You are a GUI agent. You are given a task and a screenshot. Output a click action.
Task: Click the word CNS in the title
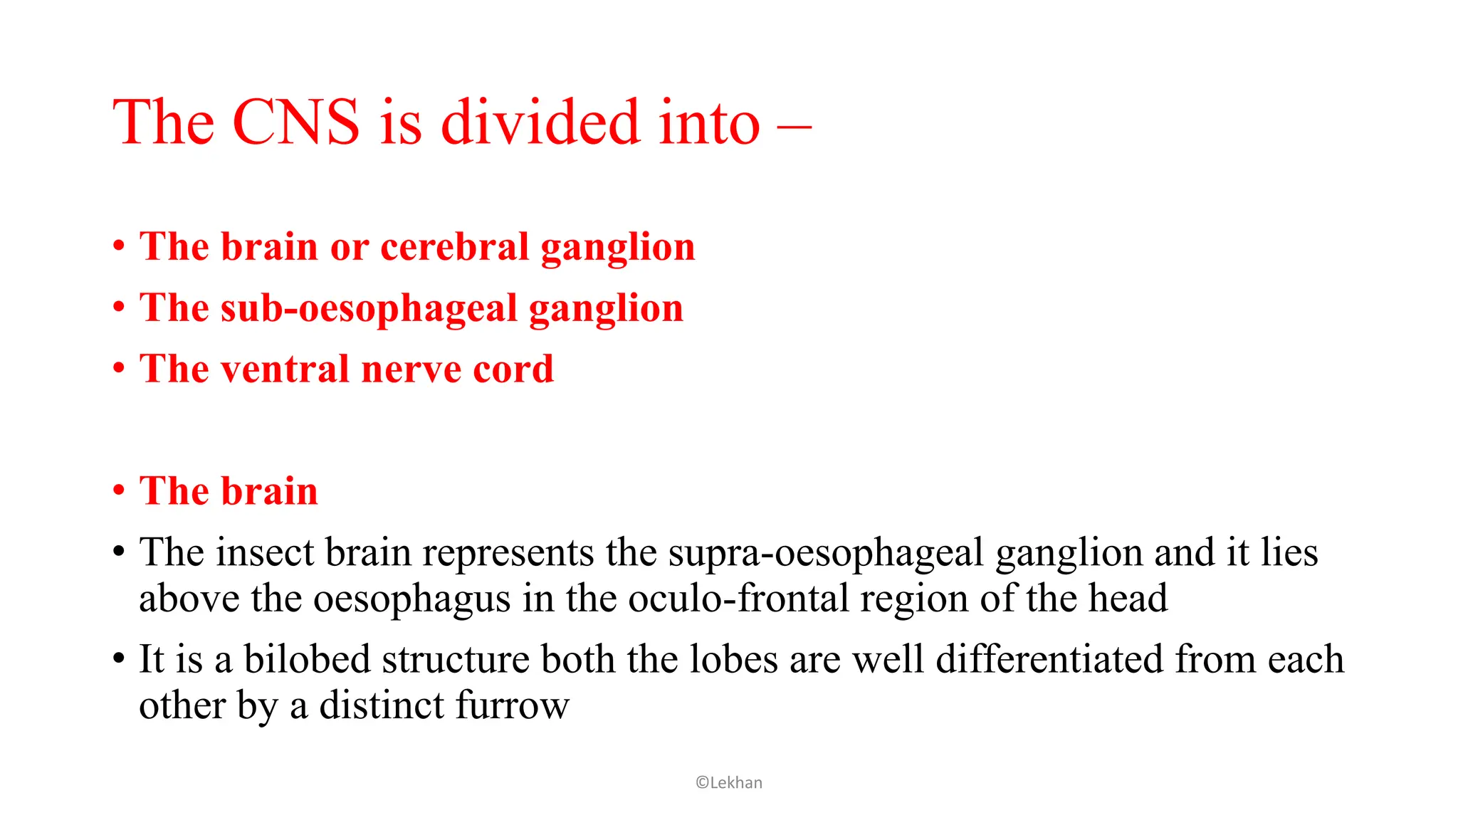click(295, 122)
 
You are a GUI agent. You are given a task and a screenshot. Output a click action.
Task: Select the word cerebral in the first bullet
click(455, 247)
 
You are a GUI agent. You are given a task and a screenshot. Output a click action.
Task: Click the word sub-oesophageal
click(369, 309)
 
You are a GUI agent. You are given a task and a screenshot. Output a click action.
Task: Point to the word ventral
click(285, 369)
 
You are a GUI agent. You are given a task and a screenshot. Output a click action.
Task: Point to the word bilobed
click(307, 659)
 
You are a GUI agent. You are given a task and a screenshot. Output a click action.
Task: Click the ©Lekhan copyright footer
click(729, 783)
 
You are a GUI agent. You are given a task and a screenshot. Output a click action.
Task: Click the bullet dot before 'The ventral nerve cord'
click(119, 369)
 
